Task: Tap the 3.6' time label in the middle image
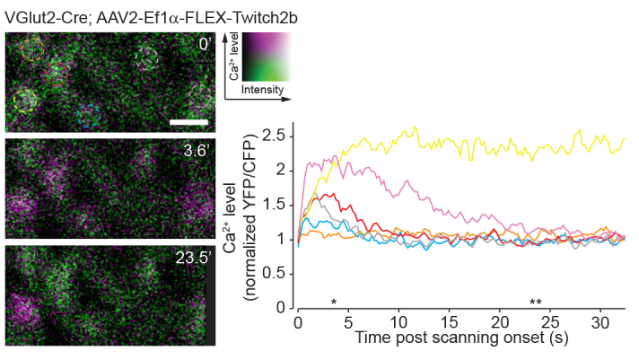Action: click(194, 151)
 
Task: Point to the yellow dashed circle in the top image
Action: click(24, 100)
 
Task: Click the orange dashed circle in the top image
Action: click(32, 50)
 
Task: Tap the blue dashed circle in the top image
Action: click(87, 114)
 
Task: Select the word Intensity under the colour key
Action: click(263, 90)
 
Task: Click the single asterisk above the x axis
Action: click(334, 301)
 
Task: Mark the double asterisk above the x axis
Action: click(536, 301)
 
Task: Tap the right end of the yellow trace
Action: click(624, 139)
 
